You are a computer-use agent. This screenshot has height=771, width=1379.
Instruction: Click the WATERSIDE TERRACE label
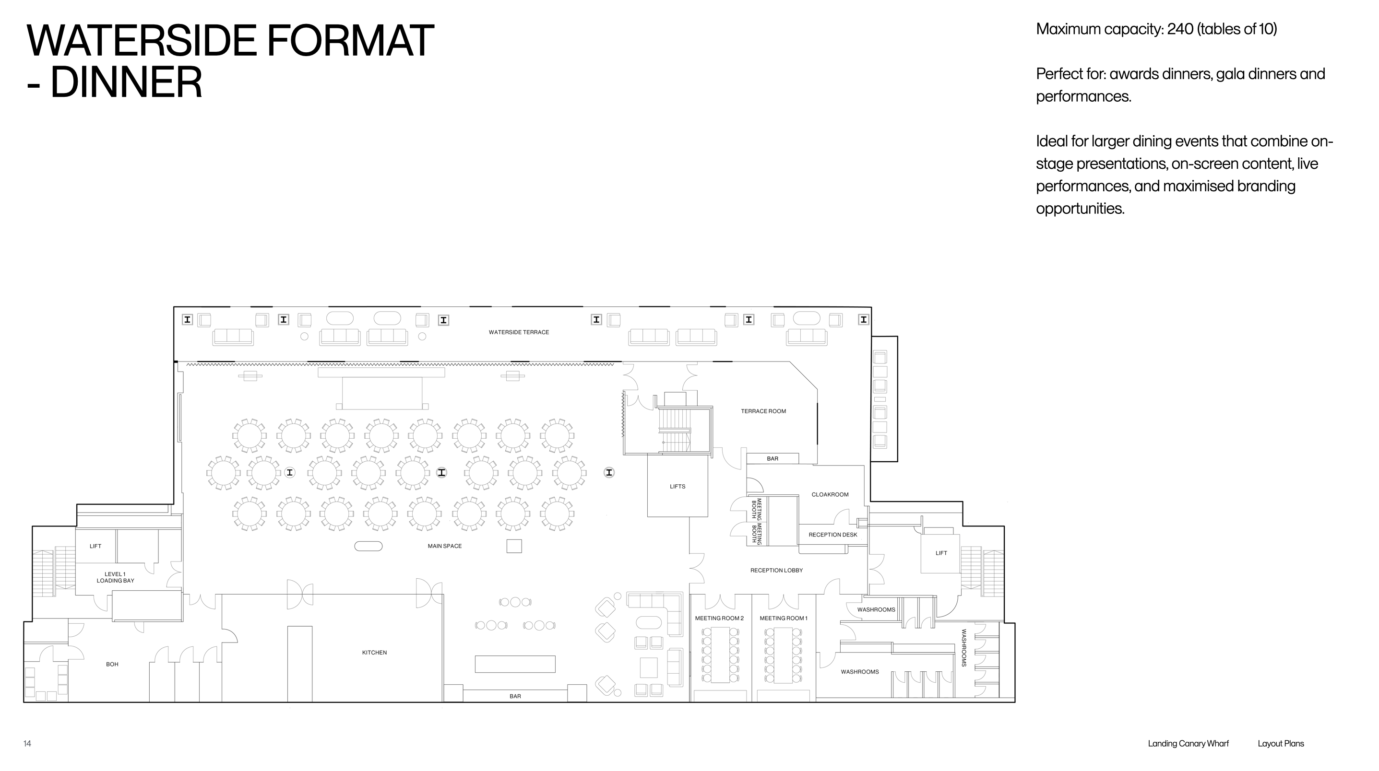pos(519,332)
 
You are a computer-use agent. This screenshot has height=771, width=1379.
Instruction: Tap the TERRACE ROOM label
pos(763,411)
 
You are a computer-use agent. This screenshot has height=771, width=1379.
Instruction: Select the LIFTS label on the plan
pos(677,486)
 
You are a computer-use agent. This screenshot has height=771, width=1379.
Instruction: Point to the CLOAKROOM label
pos(830,494)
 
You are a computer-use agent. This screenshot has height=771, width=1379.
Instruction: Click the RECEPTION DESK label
pos(832,535)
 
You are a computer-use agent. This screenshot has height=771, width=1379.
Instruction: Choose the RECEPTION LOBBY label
pos(776,571)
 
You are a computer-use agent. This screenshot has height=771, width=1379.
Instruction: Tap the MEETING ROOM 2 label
pos(719,618)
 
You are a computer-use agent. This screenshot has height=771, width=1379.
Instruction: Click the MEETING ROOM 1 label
pos(783,618)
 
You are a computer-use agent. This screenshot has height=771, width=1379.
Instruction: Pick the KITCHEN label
pos(374,652)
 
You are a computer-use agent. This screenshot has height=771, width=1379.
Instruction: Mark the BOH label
pos(112,664)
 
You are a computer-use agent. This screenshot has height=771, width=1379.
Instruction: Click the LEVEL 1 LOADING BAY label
pos(115,577)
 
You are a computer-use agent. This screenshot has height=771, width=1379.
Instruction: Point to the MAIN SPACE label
pos(444,546)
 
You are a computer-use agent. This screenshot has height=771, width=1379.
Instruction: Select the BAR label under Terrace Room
pos(773,458)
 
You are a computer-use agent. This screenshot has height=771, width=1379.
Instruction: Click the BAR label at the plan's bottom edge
pos(515,696)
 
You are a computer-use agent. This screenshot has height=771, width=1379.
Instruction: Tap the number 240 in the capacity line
pos(1180,29)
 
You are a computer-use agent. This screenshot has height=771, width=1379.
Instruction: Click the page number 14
pos(27,743)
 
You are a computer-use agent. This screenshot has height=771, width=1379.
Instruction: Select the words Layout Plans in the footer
pos(1281,743)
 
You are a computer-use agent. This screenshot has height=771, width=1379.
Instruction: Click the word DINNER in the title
pos(126,82)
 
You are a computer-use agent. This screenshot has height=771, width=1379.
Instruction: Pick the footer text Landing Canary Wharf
pos(1188,743)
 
